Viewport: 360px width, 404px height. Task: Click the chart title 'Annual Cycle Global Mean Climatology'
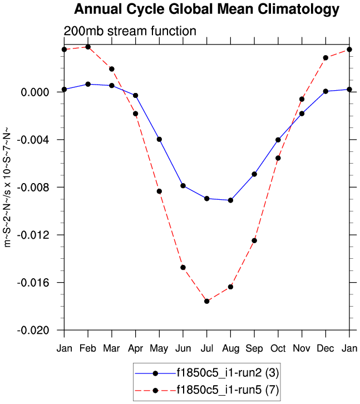pos(206,9)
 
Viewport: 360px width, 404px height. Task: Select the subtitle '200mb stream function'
pos(130,31)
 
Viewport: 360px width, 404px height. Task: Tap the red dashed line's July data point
pos(207,301)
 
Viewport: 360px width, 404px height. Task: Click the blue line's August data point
pos(230,200)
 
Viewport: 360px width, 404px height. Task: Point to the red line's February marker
pos(88,47)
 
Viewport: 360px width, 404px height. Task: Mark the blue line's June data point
pos(183,185)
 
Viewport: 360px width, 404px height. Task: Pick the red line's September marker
pos(254,240)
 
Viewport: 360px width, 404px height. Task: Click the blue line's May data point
pos(159,139)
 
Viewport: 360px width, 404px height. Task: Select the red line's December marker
pos(326,58)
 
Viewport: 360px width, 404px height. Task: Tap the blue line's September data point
pos(254,174)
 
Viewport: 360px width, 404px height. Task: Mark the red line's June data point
pos(183,268)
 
